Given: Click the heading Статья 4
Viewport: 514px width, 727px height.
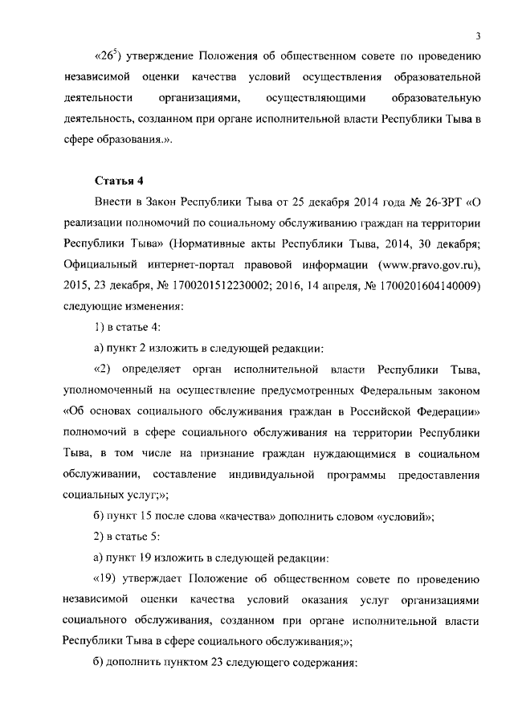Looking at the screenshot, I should (x=119, y=179).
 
